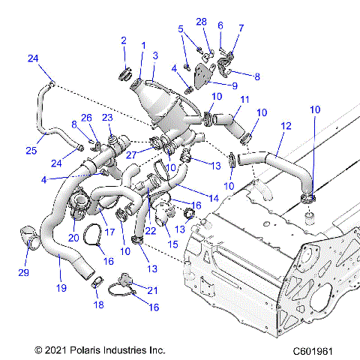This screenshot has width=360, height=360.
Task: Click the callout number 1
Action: [x=142, y=46]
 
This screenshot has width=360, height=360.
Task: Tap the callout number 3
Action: [x=155, y=55]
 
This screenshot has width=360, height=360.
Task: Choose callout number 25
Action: [x=31, y=151]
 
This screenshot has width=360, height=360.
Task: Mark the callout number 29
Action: [x=23, y=272]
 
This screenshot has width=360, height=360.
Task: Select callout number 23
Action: [x=107, y=118]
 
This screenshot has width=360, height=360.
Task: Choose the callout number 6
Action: [x=220, y=25]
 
